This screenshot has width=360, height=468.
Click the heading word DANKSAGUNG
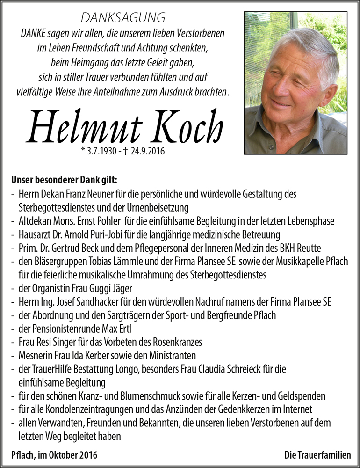pos(123,18)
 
